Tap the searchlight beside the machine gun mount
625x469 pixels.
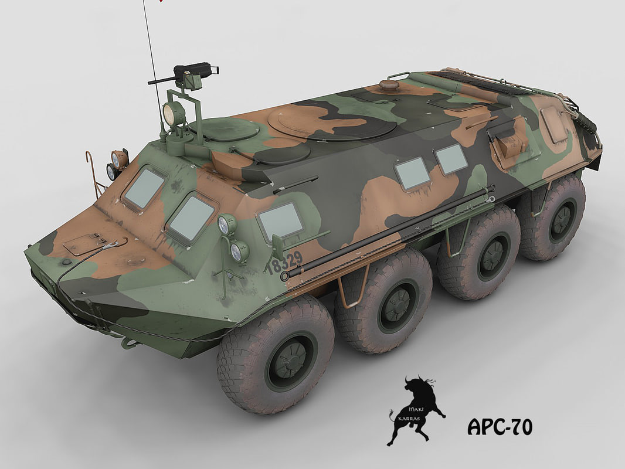[174, 114]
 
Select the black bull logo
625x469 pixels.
[414, 410]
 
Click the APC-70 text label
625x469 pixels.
[500, 426]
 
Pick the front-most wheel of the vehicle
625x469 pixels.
[276, 355]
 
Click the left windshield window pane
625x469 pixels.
[144, 188]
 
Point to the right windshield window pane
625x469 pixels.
[191, 218]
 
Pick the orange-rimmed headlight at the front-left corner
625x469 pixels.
[120, 158]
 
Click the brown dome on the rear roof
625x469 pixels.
[389, 85]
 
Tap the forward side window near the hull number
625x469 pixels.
[281, 221]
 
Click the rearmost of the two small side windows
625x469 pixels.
[451, 158]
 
